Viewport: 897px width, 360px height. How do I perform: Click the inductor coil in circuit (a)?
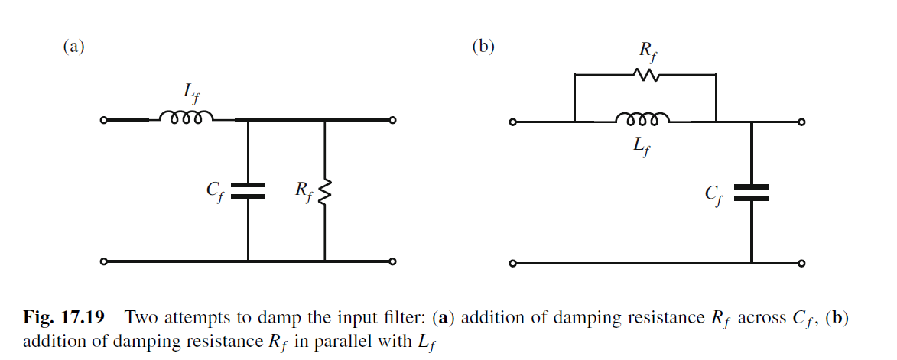click(186, 118)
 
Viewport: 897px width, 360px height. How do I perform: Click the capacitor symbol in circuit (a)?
click(248, 191)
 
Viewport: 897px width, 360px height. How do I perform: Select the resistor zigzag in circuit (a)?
click(325, 193)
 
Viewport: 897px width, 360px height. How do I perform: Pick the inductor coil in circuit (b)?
click(643, 118)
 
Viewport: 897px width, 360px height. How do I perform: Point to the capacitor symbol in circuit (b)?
click(752, 192)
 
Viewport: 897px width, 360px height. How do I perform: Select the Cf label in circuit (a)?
click(215, 191)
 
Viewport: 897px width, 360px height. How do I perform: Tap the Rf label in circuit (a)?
click(303, 191)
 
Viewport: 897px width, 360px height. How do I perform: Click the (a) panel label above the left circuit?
click(73, 47)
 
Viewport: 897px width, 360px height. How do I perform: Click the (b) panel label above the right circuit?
click(483, 47)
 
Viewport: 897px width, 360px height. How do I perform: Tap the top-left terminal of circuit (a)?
click(104, 120)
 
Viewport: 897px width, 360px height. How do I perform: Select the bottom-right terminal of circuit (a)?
click(392, 261)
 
